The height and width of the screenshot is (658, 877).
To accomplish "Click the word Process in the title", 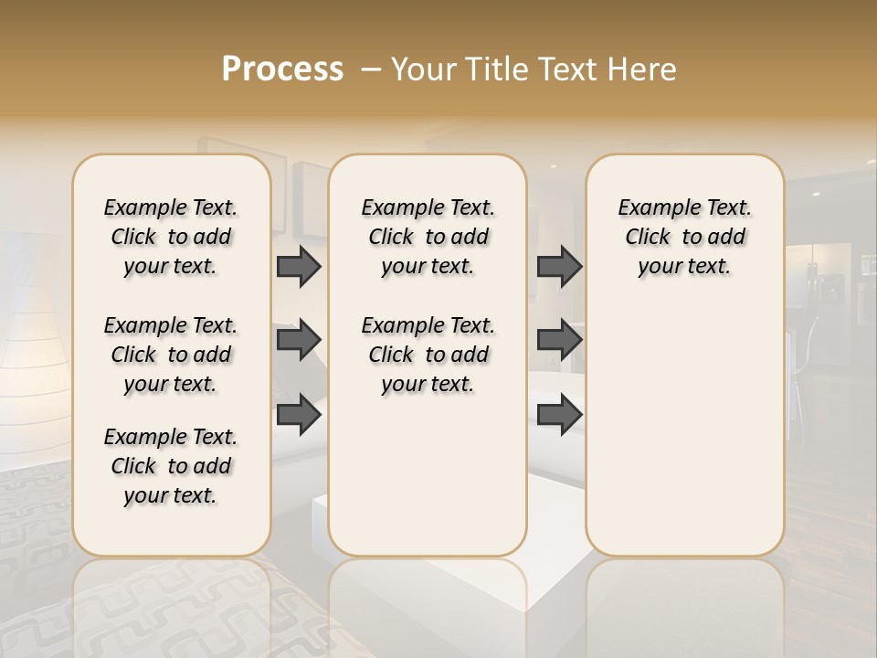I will tap(282, 69).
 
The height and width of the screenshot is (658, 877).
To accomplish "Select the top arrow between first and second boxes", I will tap(299, 266).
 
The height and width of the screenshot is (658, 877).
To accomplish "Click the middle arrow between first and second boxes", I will tap(299, 340).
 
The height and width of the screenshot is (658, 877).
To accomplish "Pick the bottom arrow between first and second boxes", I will tap(299, 414).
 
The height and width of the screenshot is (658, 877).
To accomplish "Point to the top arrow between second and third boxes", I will tap(559, 266).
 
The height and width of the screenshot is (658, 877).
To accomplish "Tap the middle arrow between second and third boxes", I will tap(559, 340).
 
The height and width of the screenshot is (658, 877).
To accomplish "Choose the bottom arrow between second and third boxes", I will tap(559, 414).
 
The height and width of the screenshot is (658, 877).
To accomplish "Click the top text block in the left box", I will tap(171, 237).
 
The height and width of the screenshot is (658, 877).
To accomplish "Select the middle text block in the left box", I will tap(171, 355).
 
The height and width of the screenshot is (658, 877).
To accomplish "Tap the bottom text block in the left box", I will tap(171, 466).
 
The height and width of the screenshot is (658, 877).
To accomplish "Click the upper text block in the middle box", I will tap(428, 237).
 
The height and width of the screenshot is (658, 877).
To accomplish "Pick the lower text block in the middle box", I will tap(428, 355).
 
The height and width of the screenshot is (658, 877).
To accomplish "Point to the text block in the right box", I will tap(684, 237).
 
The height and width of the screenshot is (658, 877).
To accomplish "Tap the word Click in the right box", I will tap(648, 237).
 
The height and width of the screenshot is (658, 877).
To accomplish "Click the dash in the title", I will tap(372, 69).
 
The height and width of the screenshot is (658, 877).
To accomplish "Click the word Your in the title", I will tap(421, 69).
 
